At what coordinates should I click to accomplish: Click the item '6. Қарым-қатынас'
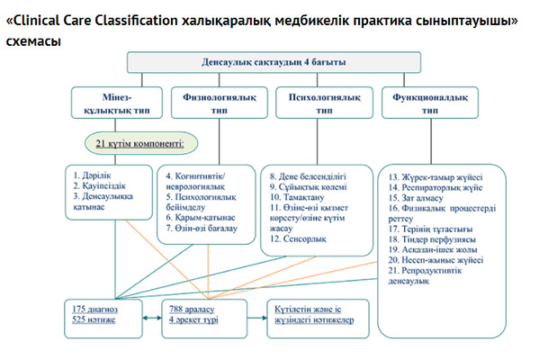point(201,218)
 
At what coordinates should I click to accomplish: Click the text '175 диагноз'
point(98,309)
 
